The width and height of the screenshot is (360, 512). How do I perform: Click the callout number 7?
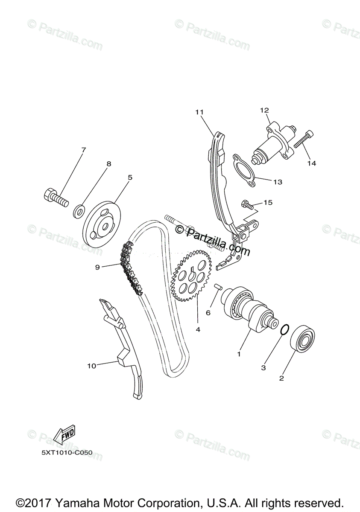point(83,150)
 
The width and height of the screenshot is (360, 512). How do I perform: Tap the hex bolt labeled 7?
point(56,198)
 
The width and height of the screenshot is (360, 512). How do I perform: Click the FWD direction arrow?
point(64,435)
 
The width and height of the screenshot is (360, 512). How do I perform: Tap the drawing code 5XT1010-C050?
point(67,452)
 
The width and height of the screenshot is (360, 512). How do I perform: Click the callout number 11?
point(199,112)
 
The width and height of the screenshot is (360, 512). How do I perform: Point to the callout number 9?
point(97,267)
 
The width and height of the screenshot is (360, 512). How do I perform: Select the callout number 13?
point(278,182)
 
